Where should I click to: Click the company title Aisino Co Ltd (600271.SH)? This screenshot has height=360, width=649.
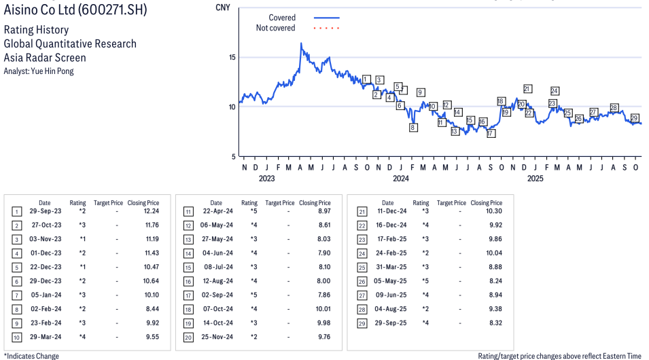[x=75, y=10]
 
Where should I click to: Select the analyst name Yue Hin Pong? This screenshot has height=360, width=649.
[x=39, y=71]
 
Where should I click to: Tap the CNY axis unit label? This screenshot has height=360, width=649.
[x=222, y=7]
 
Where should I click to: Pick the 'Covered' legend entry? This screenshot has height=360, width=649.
[x=282, y=18]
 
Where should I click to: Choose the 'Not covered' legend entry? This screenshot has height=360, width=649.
[x=275, y=28]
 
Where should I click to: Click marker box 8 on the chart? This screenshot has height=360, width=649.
[x=413, y=127]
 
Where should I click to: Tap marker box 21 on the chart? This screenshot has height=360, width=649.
[x=527, y=88]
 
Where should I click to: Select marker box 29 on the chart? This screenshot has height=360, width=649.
[x=635, y=118]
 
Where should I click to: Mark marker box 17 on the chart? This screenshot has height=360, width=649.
[x=491, y=133]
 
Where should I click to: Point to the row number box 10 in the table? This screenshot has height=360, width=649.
[x=16, y=337]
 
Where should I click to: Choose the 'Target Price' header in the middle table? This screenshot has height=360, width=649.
[x=280, y=202]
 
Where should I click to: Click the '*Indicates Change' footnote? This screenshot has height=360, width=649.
[x=32, y=356]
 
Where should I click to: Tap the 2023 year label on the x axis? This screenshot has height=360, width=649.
[x=266, y=179]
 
